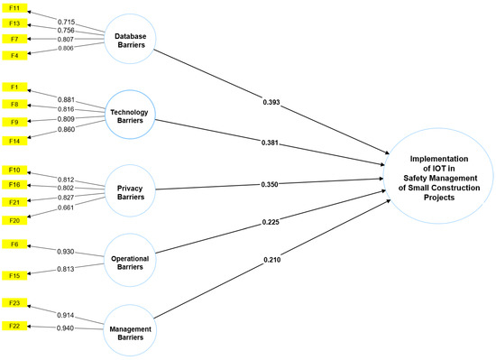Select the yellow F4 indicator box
(x=15, y=57)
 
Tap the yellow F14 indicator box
(x=15, y=142)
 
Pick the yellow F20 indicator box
(x=15, y=219)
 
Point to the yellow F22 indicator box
(x=15, y=325)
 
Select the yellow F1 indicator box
(x=15, y=87)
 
